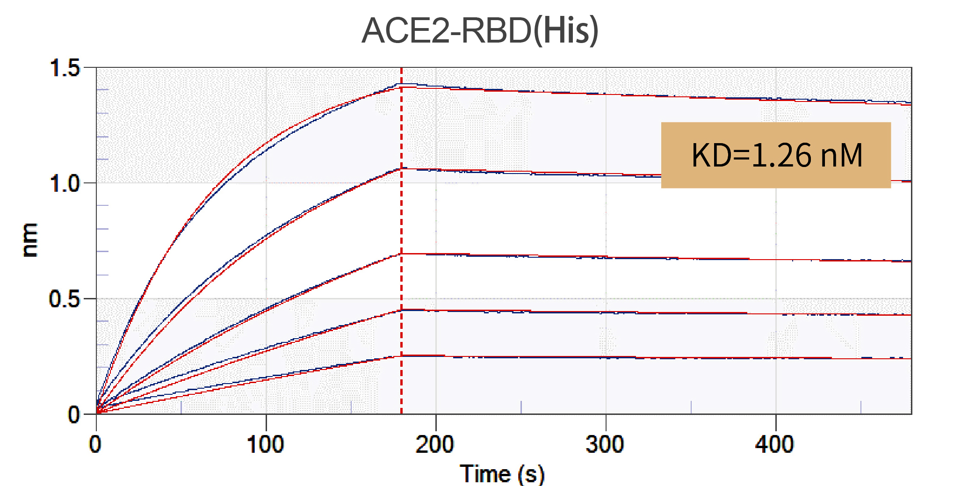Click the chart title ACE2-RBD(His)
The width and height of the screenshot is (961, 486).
point(480,30)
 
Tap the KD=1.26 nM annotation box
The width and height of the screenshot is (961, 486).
point(775,155)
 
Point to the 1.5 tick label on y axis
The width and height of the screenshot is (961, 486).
point(65,68)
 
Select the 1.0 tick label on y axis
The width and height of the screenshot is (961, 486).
point(65,183)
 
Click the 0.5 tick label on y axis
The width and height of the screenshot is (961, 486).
point(65,298)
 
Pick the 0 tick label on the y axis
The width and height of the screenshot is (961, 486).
point(74,414)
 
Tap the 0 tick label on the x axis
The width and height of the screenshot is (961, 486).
point(95,444)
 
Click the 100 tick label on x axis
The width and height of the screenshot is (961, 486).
point(266,444)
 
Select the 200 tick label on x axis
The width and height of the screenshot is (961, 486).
point(435,444)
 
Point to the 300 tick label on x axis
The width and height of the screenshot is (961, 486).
point(605,444)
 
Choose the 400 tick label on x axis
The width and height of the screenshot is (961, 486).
point(775,444)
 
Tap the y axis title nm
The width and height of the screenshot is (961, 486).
point(30,240)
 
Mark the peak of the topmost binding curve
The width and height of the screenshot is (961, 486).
point(401,85)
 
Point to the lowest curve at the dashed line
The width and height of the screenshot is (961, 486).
point(401,356)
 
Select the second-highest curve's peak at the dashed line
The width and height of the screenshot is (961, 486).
point(401,169)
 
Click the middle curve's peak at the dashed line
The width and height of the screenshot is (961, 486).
point(401,254)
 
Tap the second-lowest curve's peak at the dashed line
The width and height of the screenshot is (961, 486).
point(401,310)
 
